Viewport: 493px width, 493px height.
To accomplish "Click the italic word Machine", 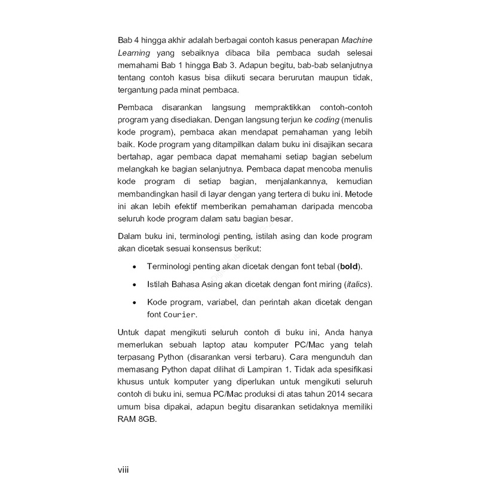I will (x=357, y=40).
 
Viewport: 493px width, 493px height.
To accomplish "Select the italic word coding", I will (x=327, y=120).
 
